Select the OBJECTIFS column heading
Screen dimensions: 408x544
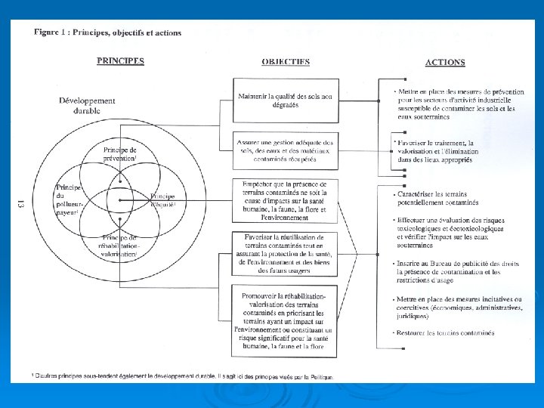pyautogui.click(x=286, y=61)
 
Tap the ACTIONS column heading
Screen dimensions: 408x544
pyautogui.click(x=445, y=63)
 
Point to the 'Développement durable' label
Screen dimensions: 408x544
pyautogui.click(x=87, y=105)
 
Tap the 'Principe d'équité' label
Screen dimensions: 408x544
pyautogui.click(x=163, y=199)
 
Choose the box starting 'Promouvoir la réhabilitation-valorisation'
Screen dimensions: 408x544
pyautogui.click(x=283, y=323)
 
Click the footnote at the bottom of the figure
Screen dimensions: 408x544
pyautogui.click(x=181, y=376)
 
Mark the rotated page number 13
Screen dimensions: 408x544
pyautogui.click(x=20, y=204)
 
